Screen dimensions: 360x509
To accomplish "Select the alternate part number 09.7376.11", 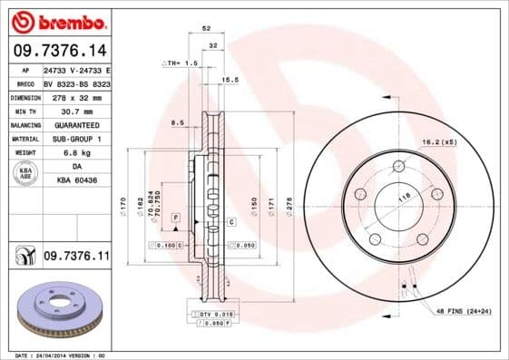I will pyautogui.click(x=76, y=258).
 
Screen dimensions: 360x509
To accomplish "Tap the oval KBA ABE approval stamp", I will pyautogui.click(x=26, y=174).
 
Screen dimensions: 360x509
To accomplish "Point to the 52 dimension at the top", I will pyautogui.click(x=209, y=30).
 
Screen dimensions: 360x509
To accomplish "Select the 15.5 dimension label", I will pyautogui.click(x=230, y=80).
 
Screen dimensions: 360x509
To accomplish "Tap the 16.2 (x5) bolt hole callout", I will pyautogui.click(x=438, y=141).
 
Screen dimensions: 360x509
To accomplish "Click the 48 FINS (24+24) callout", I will pyautogui.click(x=463, y=311).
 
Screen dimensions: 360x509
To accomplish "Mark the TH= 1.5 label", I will pyautogui.click(x=180, y=63).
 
